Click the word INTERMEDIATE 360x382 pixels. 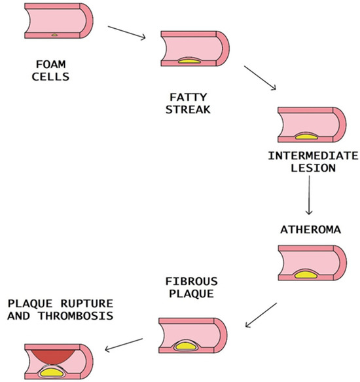(x=314, y=156)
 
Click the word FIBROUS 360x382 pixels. (x=189, y=282)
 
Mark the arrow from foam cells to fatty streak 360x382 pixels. (x=126, y=33)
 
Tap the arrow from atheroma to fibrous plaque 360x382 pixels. (x=261, y=315)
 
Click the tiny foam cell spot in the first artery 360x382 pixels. (x=55, y=33)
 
